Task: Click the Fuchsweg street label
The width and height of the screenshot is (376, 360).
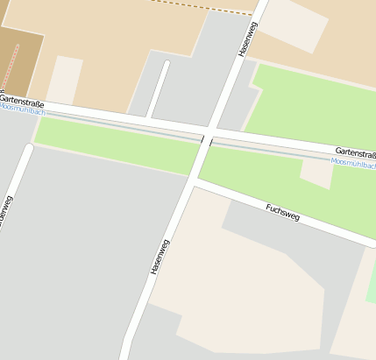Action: pyautogui.click(x=282, y=212)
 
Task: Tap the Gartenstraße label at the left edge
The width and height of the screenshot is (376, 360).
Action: pyautogui.click(x=21, y=102)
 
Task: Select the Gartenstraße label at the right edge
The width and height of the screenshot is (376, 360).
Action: pyautogui.click(x=355, y=153)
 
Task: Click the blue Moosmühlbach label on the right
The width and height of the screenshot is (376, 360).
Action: pyautogui.click(x=353, y=164)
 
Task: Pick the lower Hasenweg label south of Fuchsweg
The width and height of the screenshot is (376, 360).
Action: pyautogui.click(x=159, y=254)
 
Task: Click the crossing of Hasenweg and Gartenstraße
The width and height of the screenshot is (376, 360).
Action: pyautogui.click(x=211, y=129)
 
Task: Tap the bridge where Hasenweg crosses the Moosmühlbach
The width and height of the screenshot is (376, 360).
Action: pyautogui.click(x=206, y=140)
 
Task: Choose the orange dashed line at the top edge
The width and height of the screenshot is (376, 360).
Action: pyautogui.click(x=202, y=7)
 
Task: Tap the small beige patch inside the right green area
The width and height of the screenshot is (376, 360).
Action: pyautogui.click(x=316, y=172)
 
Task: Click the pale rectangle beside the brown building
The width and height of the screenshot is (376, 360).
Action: pyautogui.click(x=63, y=80)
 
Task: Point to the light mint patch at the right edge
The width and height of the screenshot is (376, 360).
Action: pyautogui.click(x=371, y=280)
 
